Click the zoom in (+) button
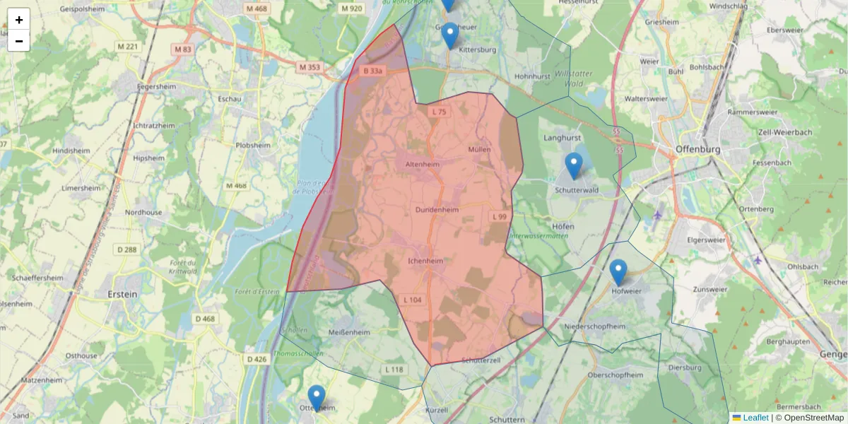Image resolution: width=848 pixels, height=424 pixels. click(19, 20)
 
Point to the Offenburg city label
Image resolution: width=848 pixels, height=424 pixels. click(697, 150)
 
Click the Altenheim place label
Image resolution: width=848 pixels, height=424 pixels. click(423, 164)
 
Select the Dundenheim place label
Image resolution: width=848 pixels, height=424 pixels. click(437, 210)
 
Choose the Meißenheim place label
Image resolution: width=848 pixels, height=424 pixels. click(350, 332)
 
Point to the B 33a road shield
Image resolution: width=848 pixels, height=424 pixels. click(372, 71)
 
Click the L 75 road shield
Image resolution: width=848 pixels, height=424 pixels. click(439, 112)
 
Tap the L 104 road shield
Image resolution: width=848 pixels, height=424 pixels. click(413, 300)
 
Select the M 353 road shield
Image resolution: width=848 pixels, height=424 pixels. click(309, 67)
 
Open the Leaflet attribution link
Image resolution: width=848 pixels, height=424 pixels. click(755, 418)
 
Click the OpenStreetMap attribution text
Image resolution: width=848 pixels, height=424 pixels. click(809, 418)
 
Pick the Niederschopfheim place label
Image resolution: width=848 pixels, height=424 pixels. click(596, 326)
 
